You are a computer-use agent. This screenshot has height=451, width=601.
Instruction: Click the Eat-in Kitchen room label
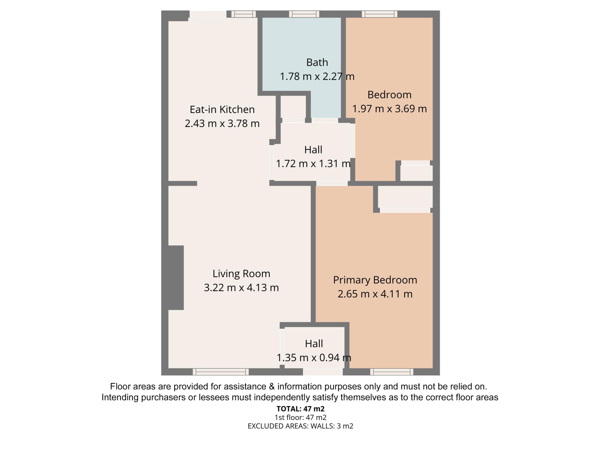coord(222,110)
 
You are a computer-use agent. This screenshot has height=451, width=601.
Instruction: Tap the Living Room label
coord(241,274)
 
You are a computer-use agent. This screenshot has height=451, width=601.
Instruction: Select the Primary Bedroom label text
coord(375,280)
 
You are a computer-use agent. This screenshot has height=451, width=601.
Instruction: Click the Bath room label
coord(317,62)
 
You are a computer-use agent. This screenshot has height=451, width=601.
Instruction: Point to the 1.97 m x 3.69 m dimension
coord(389,109)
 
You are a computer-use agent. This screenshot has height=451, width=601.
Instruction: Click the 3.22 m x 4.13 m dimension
coord(241,287)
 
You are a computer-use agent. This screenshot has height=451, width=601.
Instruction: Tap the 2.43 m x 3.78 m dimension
coord(222,123)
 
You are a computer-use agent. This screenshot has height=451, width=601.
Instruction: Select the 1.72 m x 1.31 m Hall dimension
coord(313,164)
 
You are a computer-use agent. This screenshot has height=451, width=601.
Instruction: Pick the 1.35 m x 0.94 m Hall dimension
coord(314,358)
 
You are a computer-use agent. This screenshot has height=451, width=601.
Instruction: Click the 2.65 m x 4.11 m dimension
coord(375,294)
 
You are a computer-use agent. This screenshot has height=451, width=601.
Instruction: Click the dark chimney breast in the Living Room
coord(176,277)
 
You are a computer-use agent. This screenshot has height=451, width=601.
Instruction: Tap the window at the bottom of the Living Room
coord(221,372)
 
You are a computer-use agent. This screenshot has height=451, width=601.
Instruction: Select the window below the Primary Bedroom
coord(392,372)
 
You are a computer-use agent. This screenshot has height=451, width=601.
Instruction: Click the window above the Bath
coord(304,14)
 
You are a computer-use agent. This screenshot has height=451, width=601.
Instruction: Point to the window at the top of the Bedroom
coord(379,14)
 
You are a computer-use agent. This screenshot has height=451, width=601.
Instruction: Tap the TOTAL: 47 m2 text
coord(300,408)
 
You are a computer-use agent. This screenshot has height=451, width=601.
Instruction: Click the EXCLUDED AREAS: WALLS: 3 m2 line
coord(300,426)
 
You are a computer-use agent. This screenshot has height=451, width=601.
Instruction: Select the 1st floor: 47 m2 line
coord(300,417)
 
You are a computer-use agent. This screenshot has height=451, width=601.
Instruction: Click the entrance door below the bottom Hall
coord(323,372)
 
